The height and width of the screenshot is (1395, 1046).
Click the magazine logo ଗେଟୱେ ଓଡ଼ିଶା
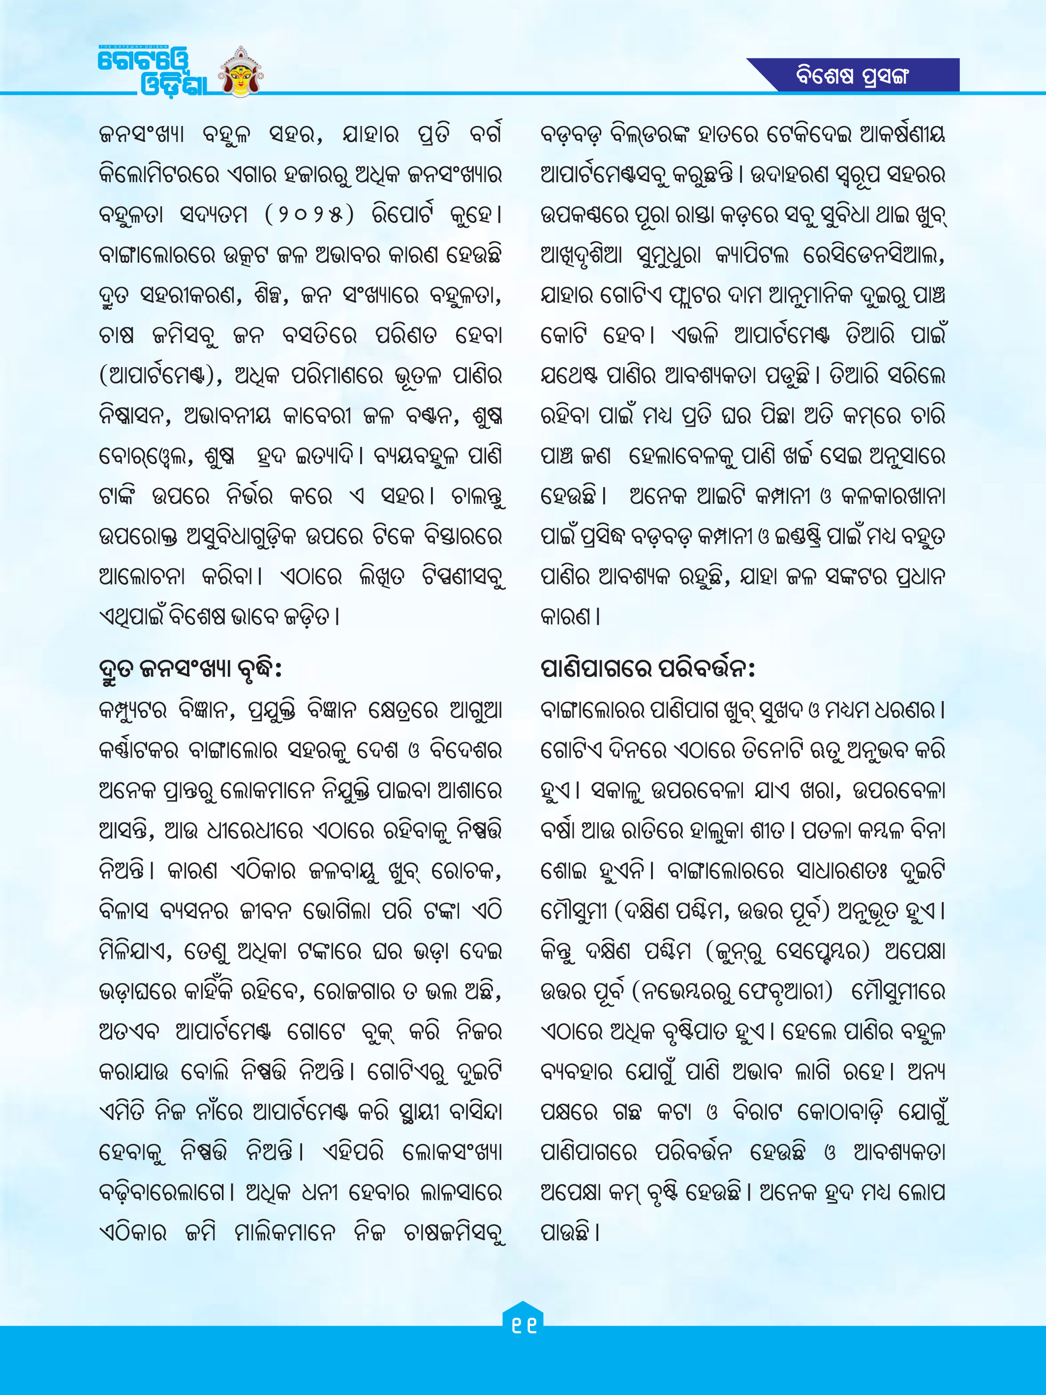(152, 71)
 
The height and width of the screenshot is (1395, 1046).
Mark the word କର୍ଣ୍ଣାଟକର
(137, 750)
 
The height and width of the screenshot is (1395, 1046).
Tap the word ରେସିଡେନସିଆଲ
(873, 256)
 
